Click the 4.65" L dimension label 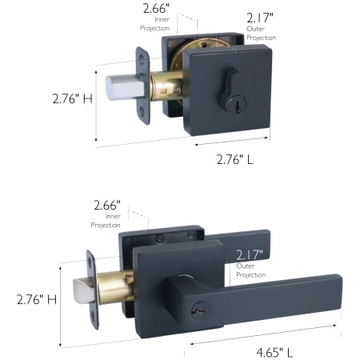point(274,353)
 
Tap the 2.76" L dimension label point(235,159)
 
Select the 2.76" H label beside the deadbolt point(73,98)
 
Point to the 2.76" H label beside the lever point(37,299)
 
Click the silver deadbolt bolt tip point(125,87)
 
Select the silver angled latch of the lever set point(84,291)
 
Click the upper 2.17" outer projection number point(260,18)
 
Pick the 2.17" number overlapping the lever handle point(250,255)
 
